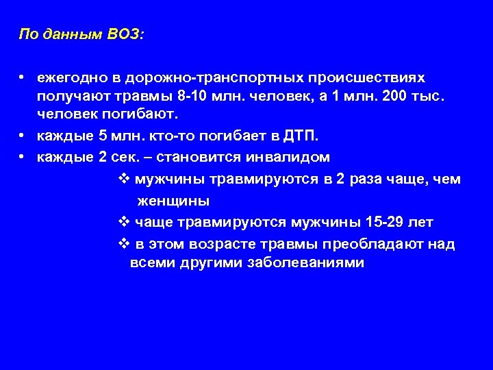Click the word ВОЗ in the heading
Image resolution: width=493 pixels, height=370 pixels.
point(125,34)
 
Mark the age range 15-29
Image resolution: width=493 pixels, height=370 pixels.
point(385,223)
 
